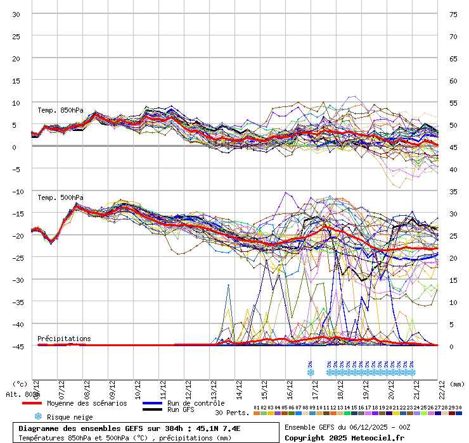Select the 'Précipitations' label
click(x=64, y=339)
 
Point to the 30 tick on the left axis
click(x=16, y=14)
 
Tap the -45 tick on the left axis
click(x=14, y=346)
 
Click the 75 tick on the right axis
click(x=453, y=14)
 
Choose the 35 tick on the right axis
click(x=453, y=191)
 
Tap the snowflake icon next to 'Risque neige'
click(x=38, y=416)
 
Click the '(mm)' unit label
click(x=458, y=384)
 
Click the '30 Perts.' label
click(x=232, y=413)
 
